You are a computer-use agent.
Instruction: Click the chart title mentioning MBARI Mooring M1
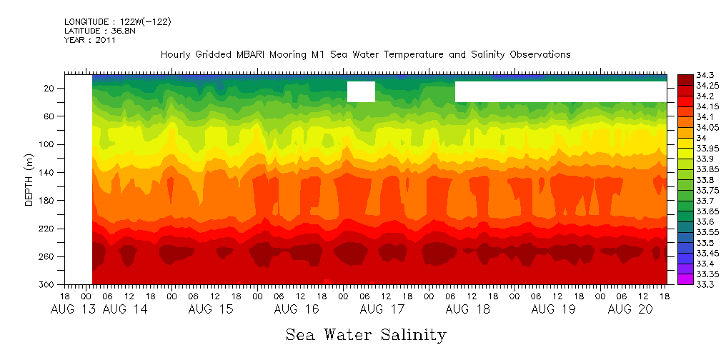tap(365, 54)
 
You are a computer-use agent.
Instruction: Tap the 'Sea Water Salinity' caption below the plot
tap(366, 334)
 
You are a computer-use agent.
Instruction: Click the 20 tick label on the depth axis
tap(50, 89)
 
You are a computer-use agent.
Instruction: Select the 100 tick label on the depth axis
tap(48, 144)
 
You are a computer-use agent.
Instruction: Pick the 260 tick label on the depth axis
tap(48, 256)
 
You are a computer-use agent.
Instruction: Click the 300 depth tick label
tap(48, 284)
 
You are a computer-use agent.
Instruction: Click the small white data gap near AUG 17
tap(361, 91)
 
